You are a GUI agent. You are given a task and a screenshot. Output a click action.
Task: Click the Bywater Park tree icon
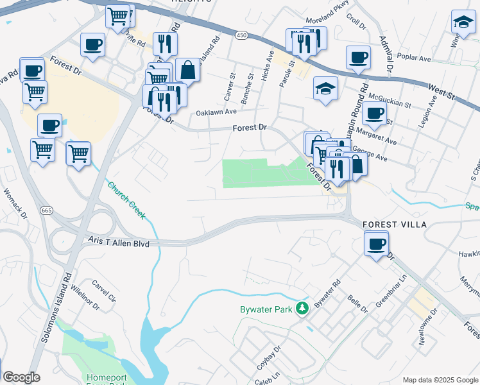click(302, 309)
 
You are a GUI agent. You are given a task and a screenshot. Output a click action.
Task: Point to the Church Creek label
click(126, 200)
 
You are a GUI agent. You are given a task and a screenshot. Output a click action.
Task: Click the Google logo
click(21, 377)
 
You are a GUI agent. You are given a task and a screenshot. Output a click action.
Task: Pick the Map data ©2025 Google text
click(440, 380)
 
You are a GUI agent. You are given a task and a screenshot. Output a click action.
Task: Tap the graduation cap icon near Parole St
click(326, 89)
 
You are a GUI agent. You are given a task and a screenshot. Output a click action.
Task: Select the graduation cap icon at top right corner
click(463, 22)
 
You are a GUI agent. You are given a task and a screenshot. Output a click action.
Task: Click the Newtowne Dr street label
click(427, 327)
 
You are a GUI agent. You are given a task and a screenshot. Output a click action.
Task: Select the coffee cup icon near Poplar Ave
click(358, 57)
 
